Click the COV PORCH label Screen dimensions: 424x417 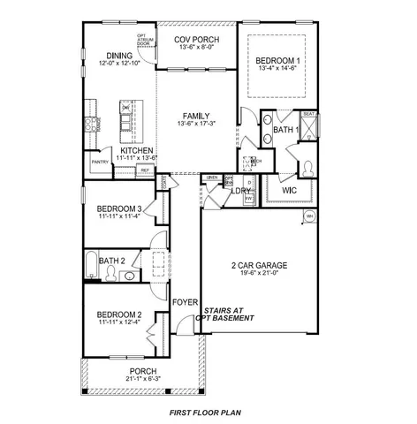[x=196, y=41]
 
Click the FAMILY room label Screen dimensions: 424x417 [x=196, y=117]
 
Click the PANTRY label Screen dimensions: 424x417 [x=99, y=163]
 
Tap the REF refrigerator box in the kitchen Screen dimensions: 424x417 [x=144, y=170]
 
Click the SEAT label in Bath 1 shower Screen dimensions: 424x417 [x=309, y=113]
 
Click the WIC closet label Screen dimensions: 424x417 [x=289, y=190]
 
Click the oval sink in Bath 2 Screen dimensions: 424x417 [x=129, y=276]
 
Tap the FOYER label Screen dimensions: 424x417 [x=184, y=302]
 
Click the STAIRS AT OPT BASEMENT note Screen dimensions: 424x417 [x=229, y=314]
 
